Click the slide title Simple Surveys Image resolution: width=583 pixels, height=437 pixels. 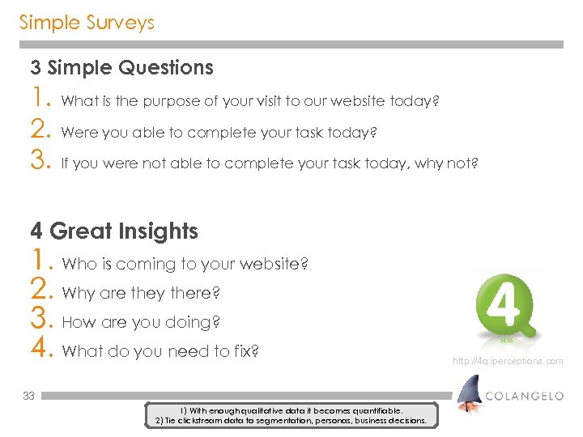[87, 23]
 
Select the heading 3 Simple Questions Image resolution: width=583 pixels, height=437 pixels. [121, 68]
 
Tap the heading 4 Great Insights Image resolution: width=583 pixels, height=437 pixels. [114, 231]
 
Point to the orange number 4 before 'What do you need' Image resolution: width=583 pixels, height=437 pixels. [41, 351]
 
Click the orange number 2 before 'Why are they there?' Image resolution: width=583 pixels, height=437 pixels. [41, 293]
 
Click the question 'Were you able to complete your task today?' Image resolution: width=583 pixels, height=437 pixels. [219, 132]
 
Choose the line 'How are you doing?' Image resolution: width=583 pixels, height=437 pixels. [141, 322]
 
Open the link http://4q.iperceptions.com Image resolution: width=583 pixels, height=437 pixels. [508, 361]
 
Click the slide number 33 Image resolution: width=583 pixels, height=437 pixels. [28, 396]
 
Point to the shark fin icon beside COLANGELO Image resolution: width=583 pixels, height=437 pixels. [467, 394]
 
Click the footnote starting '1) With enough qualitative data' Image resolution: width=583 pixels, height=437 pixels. [289, 411]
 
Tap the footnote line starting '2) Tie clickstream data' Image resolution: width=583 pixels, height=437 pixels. [289, 421]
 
